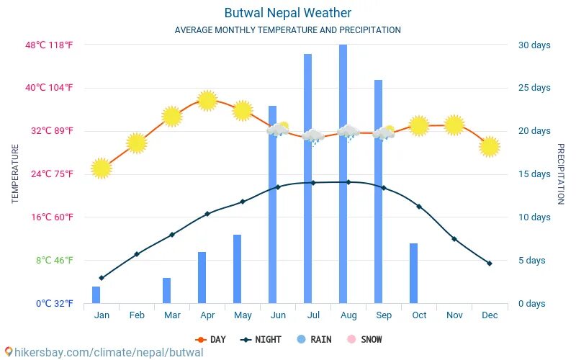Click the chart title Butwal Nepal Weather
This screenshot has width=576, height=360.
pyautogui.click(x=287, y=13)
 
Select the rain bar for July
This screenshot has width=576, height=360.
pyautogui.click(x=307, y=180)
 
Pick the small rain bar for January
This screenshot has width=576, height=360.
pyautogui.click(x=96, y=295)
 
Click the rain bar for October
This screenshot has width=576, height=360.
pyautogui.click(x=413, y=274)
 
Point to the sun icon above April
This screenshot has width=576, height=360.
pyautogui.click(x=207, y=100)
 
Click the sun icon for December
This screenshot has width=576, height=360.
pyautogui.click(x=490, y=147)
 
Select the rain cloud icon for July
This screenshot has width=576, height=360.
pyautogui.click(x=312, y=135)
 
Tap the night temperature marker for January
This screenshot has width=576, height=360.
pyautogui.click(x=102, y=278)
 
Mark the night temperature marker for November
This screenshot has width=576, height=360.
pyautogui.click(x=454, y=238)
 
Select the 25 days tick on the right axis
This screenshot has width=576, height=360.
pyautogui.click(x=534, y=88)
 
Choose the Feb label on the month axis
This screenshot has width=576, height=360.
pyautogui.click(x=137, y=315)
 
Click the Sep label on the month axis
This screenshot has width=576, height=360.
pyautogui.click(x=384, y=315)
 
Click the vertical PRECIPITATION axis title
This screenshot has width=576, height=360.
pyautogui.click(x=562, y=174)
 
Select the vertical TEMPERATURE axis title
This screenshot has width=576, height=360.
pyautogui.click(x=15, y=174)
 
